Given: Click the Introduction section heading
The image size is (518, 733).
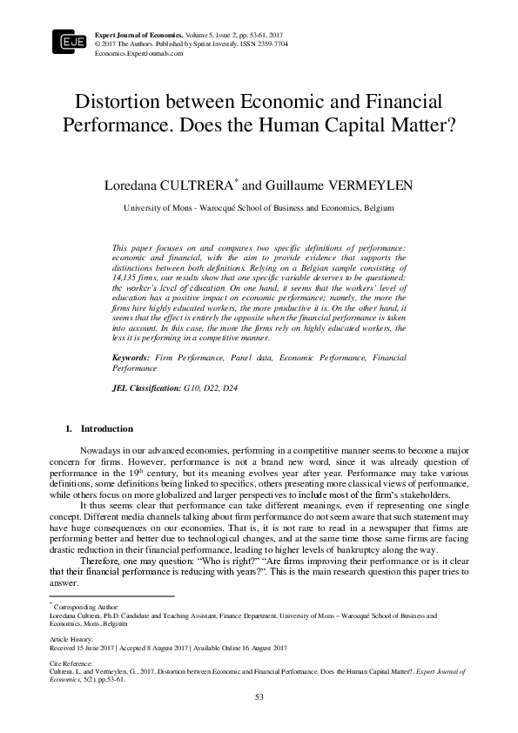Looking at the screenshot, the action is (106, 429).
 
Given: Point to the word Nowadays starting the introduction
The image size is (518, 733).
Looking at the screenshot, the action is (101, 448).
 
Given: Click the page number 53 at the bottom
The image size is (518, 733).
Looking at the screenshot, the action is (259, 697).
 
